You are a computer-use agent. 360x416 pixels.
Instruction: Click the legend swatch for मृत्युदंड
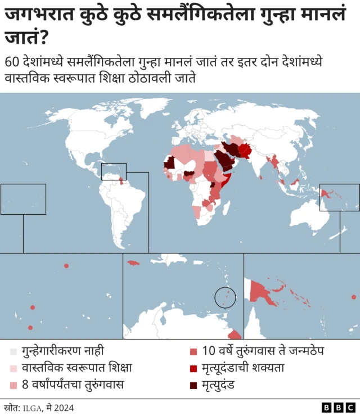click(x=193, y=385)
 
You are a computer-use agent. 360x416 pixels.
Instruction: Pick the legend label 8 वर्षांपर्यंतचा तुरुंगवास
click(x=73, y=385)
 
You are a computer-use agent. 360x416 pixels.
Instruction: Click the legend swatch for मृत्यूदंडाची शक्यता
click(x=193, y=368)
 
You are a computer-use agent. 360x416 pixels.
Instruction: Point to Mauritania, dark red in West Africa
click(x=169, y=163)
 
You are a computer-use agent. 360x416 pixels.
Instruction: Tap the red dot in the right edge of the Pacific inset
click(x=353, y=297)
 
